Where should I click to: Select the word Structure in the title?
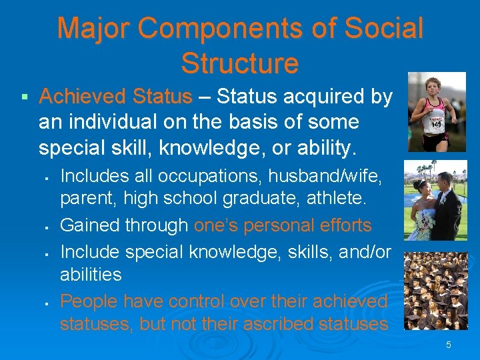click(x=239, y=63)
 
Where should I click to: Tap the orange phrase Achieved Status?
click(x=115, y=97)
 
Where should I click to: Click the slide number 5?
click(x=449, y=345)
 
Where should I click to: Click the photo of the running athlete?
click(x=437, y=112)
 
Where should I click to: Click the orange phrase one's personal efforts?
click(x=283, y=225)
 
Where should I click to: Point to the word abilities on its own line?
click(x=91, y=274)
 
